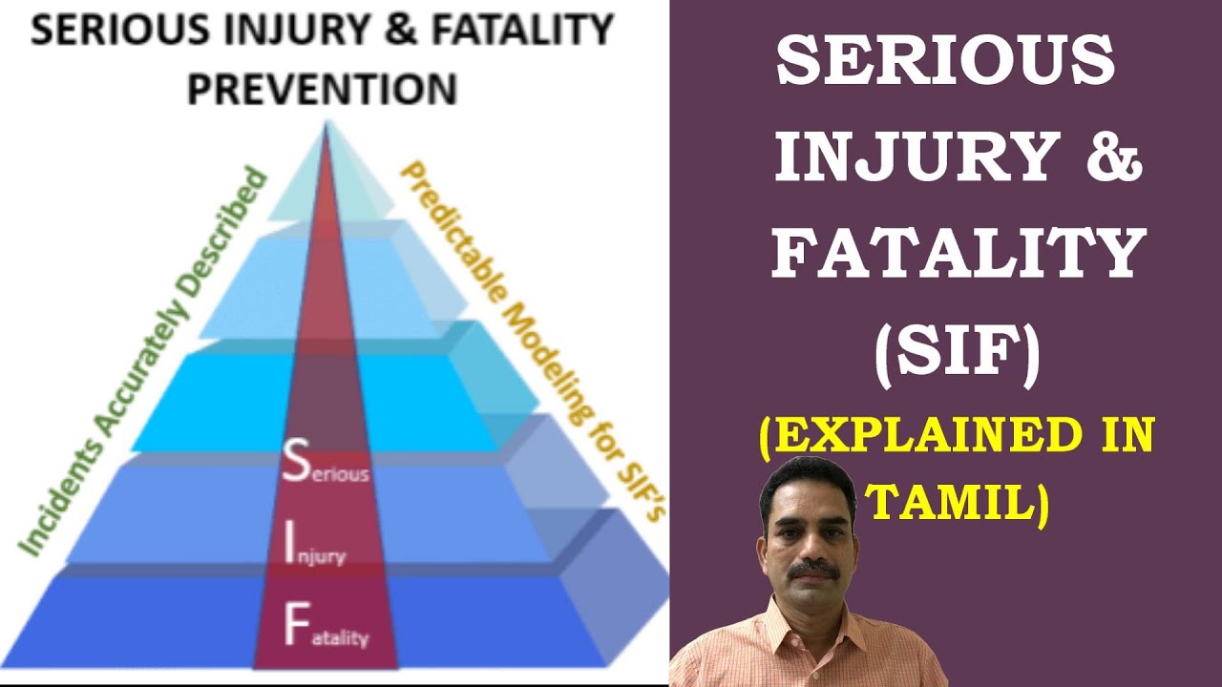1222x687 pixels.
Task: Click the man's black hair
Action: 807,477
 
